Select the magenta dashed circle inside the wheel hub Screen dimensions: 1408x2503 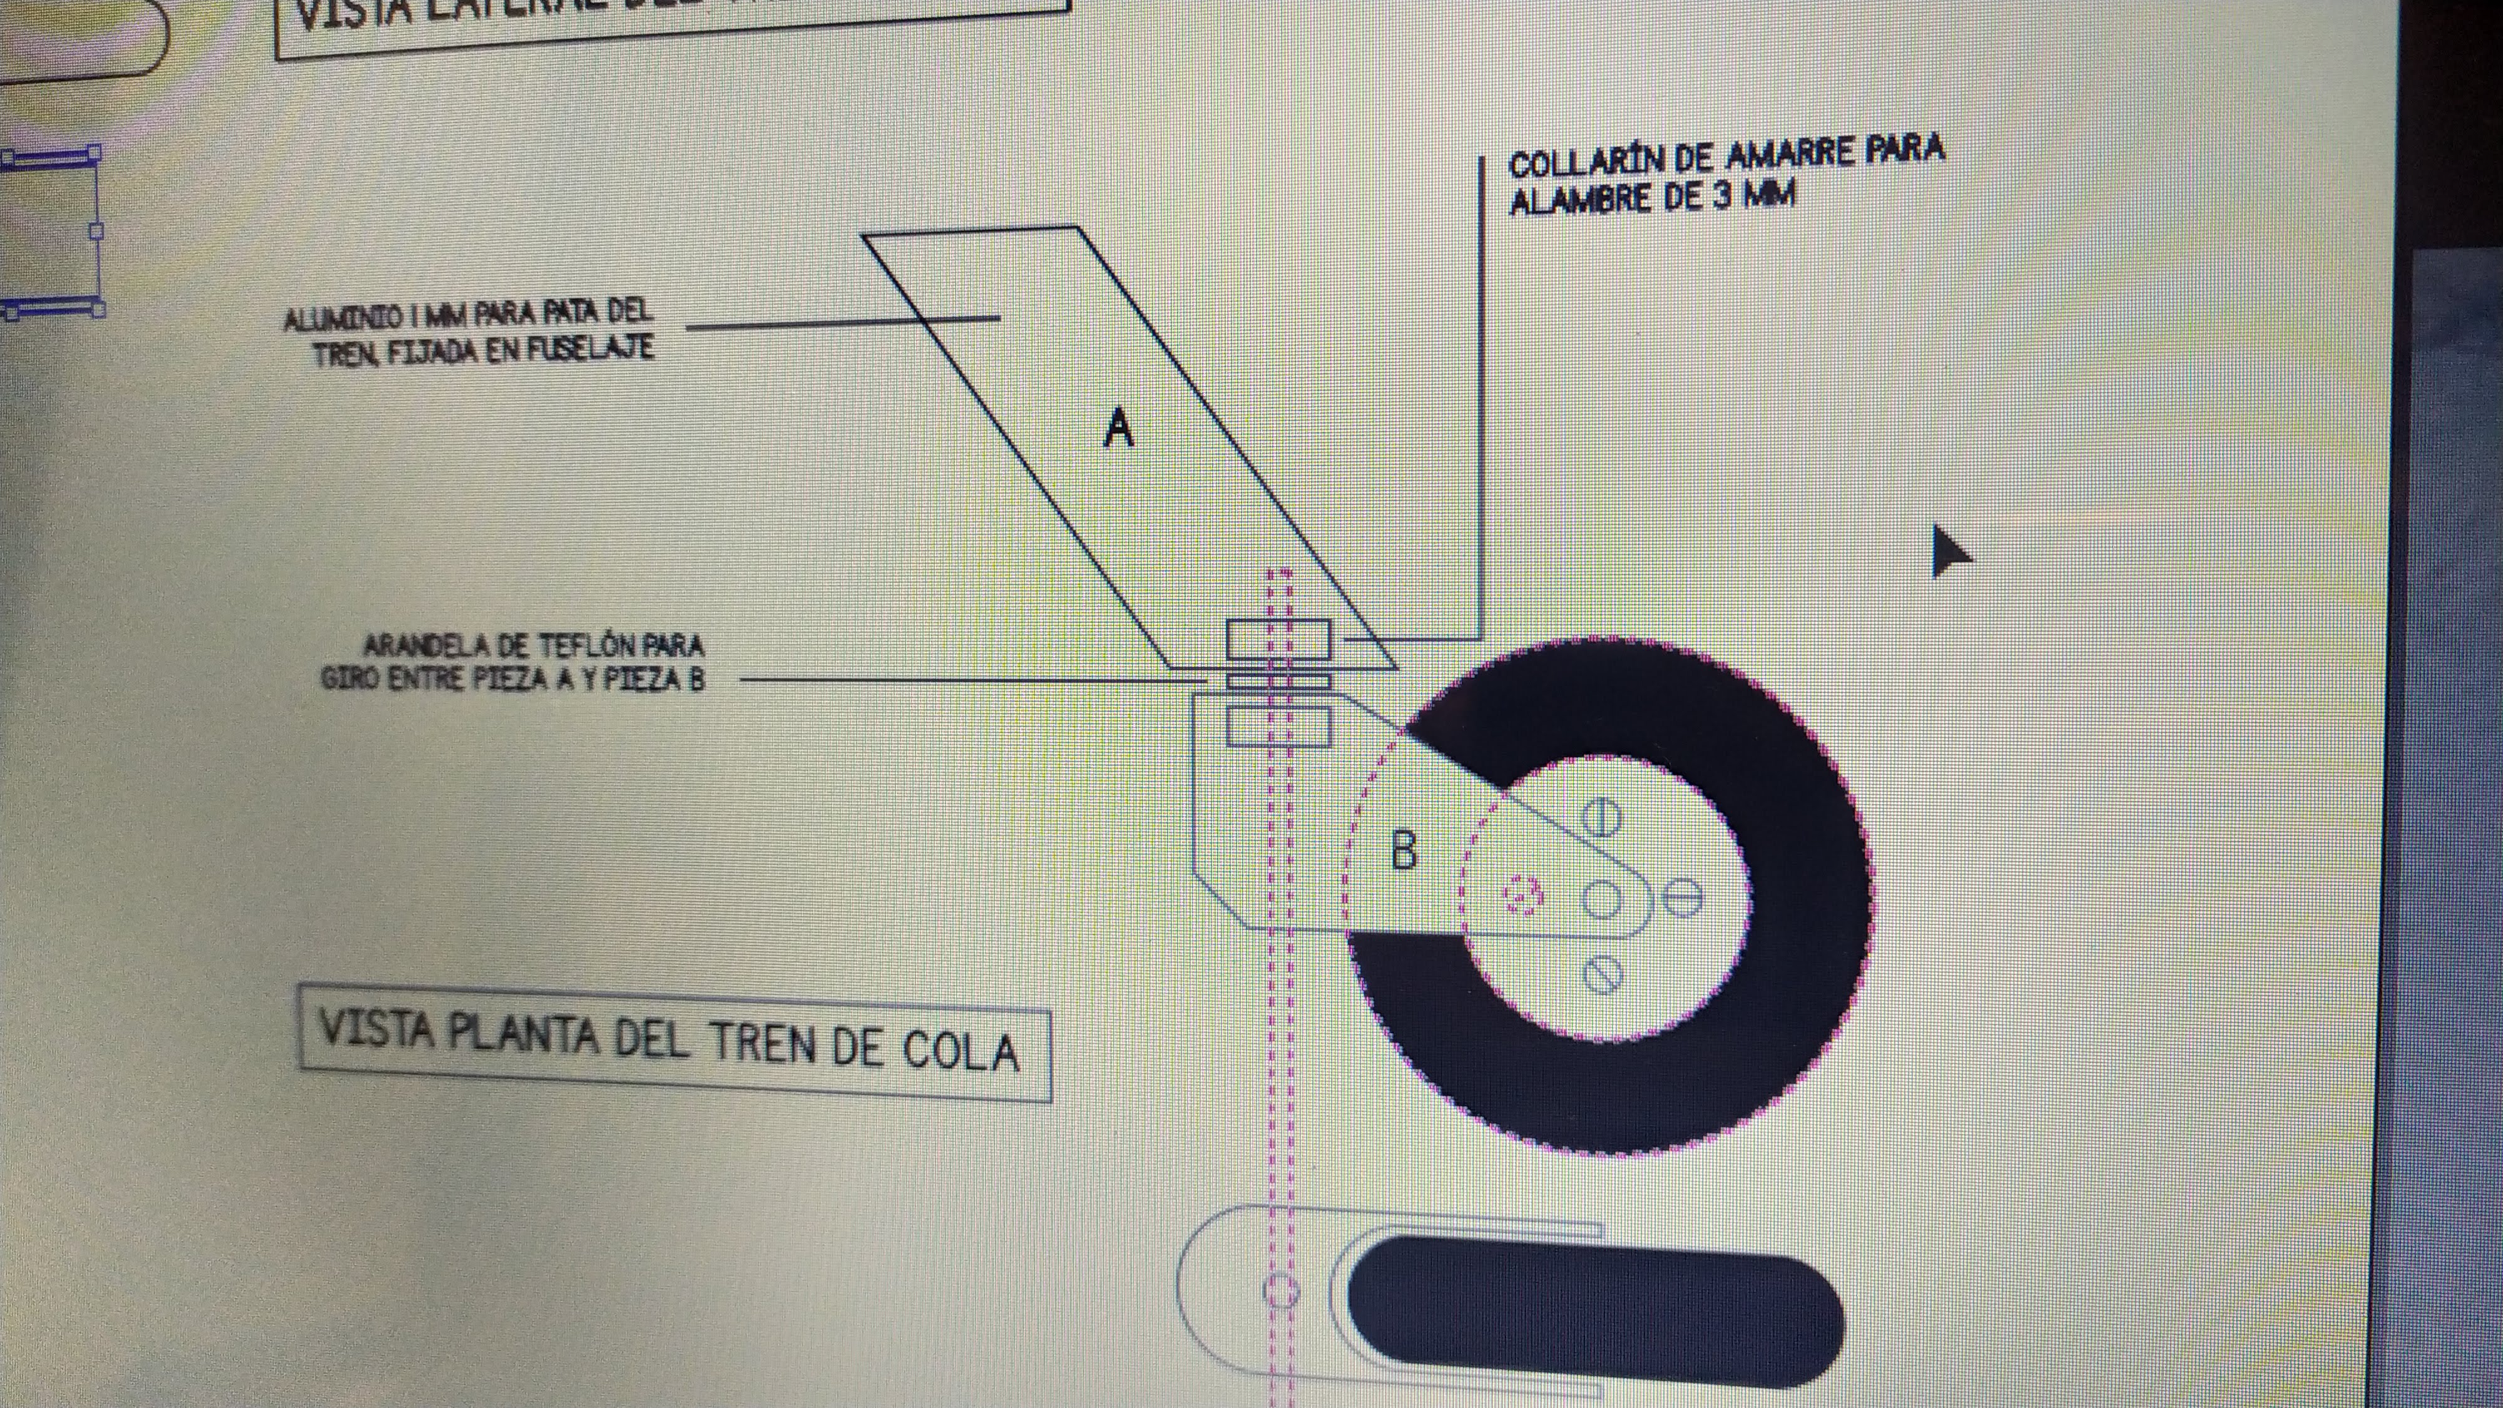point(1522,895)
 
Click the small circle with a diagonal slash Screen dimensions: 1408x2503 point(1603,974)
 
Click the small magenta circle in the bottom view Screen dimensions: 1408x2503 point(1281,1292)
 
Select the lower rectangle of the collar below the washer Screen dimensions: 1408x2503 point(1278,727)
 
